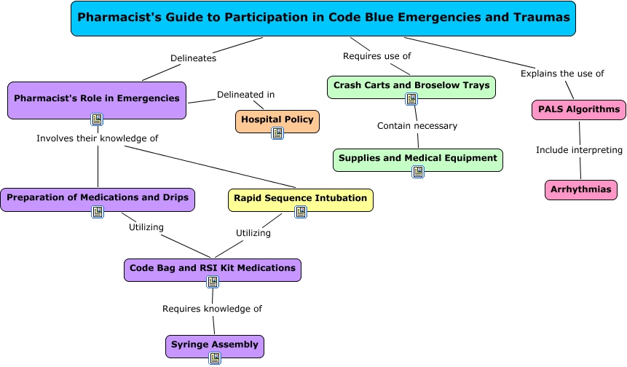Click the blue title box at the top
pos(323,18)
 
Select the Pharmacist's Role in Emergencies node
pos(97,98)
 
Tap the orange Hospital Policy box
pos(277,119)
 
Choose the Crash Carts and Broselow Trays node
pos(411,86)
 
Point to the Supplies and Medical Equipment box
pos(418,158)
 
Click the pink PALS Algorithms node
pos(579,110)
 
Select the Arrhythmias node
pos(581,189)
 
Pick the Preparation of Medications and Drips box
pos(98,197)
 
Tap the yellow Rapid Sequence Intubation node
pos(301,198)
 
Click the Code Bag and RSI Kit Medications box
pos(213,268)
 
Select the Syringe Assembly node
pos(215,344)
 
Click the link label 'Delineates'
pos(193,58)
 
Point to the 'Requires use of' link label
pos(377,56)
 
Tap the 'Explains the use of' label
pos(562,74)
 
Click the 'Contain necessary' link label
pos(417,126)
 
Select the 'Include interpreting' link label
pos(579,150)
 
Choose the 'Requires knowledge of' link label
pos(212,309)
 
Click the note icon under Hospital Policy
pos(277,133)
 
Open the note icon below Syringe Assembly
pos(215,358)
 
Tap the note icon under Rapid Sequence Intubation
pos(301,211)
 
